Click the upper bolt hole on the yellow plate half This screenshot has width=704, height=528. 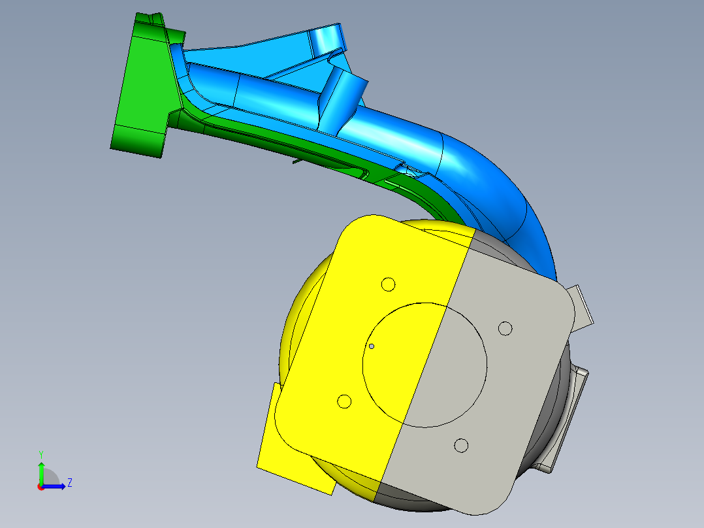pos(389,284)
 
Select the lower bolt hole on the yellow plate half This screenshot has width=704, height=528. pos(344,401)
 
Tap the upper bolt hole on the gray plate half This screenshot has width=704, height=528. pos(505,328)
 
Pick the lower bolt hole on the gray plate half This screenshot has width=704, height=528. pos(461,446)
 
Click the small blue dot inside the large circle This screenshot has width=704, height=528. pos(372,346)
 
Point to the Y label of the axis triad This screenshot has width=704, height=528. pos(40,454)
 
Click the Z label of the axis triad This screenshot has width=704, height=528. pos(69,483)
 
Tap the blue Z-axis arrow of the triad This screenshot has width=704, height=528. pos(56,486)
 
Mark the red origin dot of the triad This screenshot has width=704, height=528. pos(40,487)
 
